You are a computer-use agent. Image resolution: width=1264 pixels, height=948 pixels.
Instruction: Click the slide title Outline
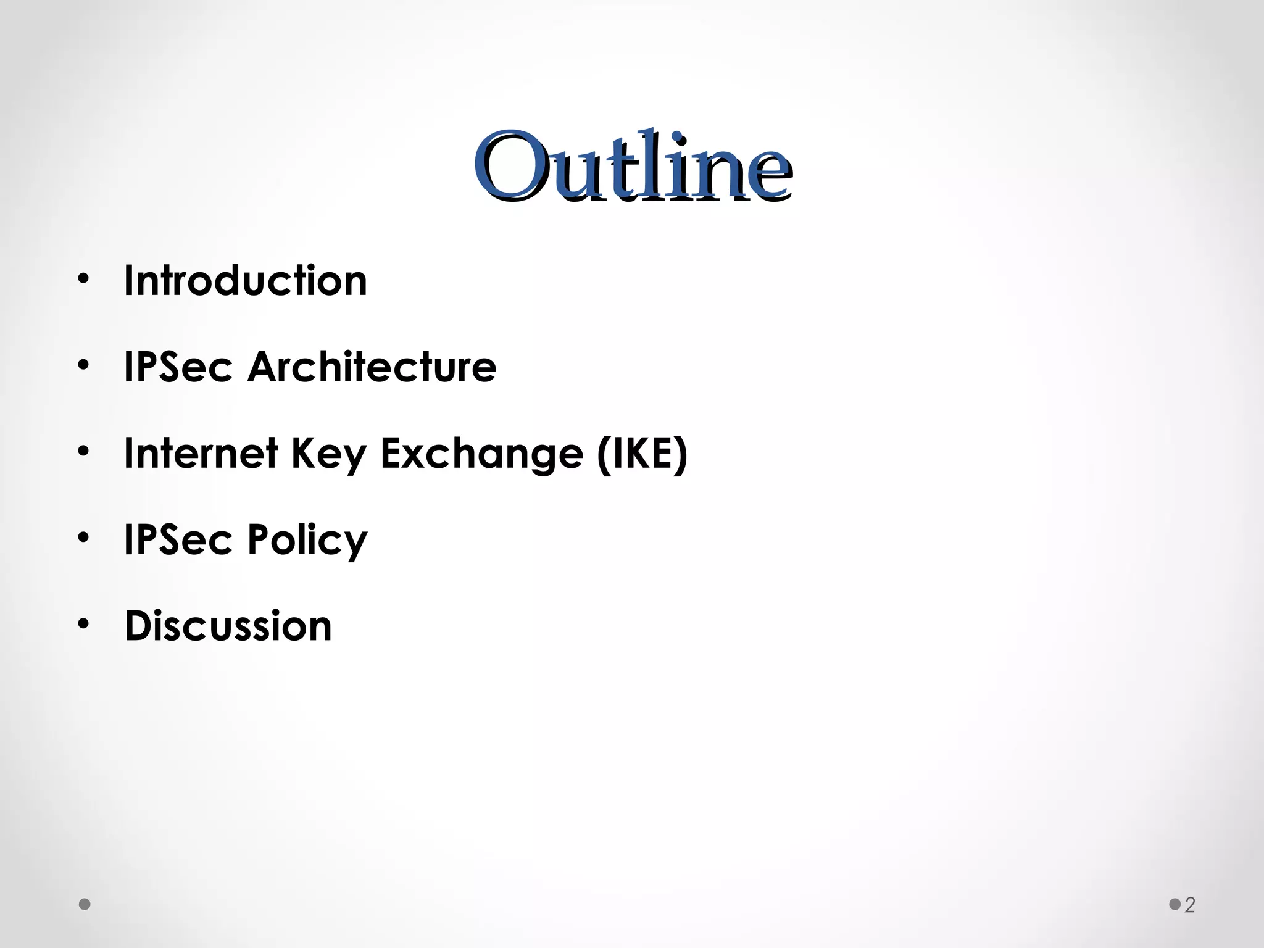click(x=633, y=167)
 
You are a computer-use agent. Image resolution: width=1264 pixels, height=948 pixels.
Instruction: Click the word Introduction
click(x=246, y=281)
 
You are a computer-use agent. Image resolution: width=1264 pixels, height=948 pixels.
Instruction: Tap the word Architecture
click(x=372, y=367)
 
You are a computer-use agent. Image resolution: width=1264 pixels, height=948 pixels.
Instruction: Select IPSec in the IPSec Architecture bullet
click(x=178, y=367)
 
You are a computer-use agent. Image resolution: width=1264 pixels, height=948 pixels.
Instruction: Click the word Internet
click(x=201, y=454)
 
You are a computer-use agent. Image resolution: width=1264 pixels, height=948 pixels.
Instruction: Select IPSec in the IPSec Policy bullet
click(x=178, y=540)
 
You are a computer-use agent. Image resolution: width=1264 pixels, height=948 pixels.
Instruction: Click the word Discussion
click(x=228, y=626)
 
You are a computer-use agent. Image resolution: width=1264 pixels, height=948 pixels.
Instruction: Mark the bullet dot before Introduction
click(x=83, y=280)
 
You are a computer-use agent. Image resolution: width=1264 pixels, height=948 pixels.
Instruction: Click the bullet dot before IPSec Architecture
click(x=83, y=366)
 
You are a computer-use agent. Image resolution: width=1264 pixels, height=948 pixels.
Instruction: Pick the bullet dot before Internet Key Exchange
click(x=83, y=452)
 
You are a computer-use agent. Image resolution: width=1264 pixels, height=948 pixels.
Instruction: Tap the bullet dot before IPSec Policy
click(x=83, y=539)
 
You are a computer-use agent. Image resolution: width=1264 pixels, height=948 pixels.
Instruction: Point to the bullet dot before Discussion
click(x=83, y=625)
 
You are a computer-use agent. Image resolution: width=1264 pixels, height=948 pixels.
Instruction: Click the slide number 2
click(x=1190, y=905)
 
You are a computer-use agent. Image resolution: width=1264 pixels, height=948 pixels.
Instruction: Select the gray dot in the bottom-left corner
click(x=85, y=905)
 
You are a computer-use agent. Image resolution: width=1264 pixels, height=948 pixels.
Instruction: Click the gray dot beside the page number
click(x=1175, y=905)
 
